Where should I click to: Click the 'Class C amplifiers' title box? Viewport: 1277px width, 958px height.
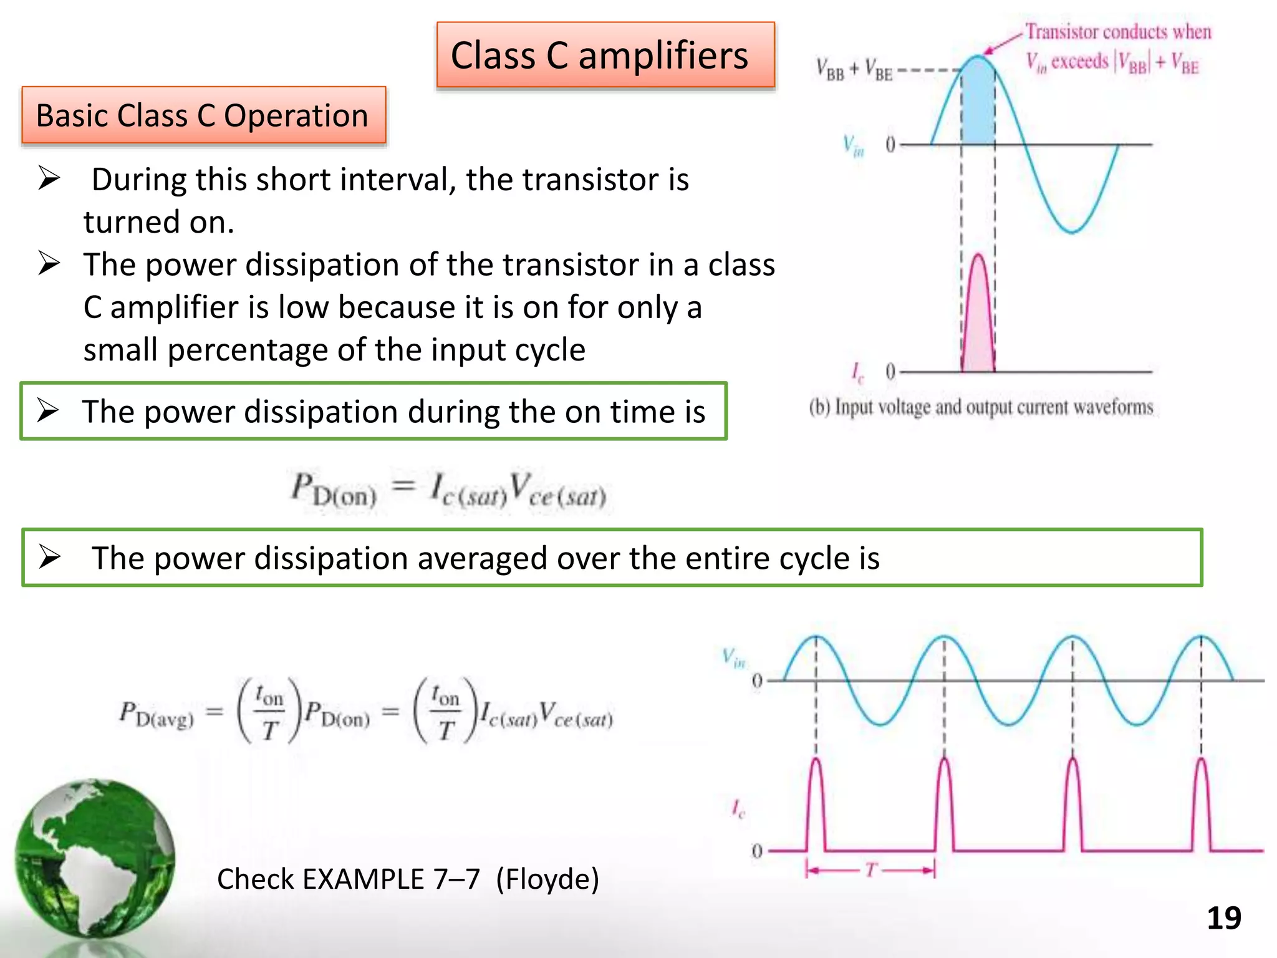[605, 56]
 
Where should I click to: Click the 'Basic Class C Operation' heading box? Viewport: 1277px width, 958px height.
[203, 116]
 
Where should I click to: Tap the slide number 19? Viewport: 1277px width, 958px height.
[1223, 918]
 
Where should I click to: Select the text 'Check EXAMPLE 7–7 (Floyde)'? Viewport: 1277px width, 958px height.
[408, 879]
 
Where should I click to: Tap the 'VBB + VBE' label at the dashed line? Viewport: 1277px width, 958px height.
[854, 70]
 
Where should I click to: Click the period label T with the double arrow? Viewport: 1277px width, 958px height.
[871, 869]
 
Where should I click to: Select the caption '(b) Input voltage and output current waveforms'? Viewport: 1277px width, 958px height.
[981, 407]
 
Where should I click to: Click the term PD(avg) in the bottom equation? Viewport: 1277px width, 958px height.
[157, 715]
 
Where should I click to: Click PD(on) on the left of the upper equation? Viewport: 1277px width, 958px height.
[334, 490]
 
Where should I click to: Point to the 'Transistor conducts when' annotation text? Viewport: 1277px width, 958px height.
[1118, 32]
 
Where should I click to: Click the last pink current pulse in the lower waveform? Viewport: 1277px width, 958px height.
[1201, 805]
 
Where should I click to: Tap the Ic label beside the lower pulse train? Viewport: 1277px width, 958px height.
[738, 809]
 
